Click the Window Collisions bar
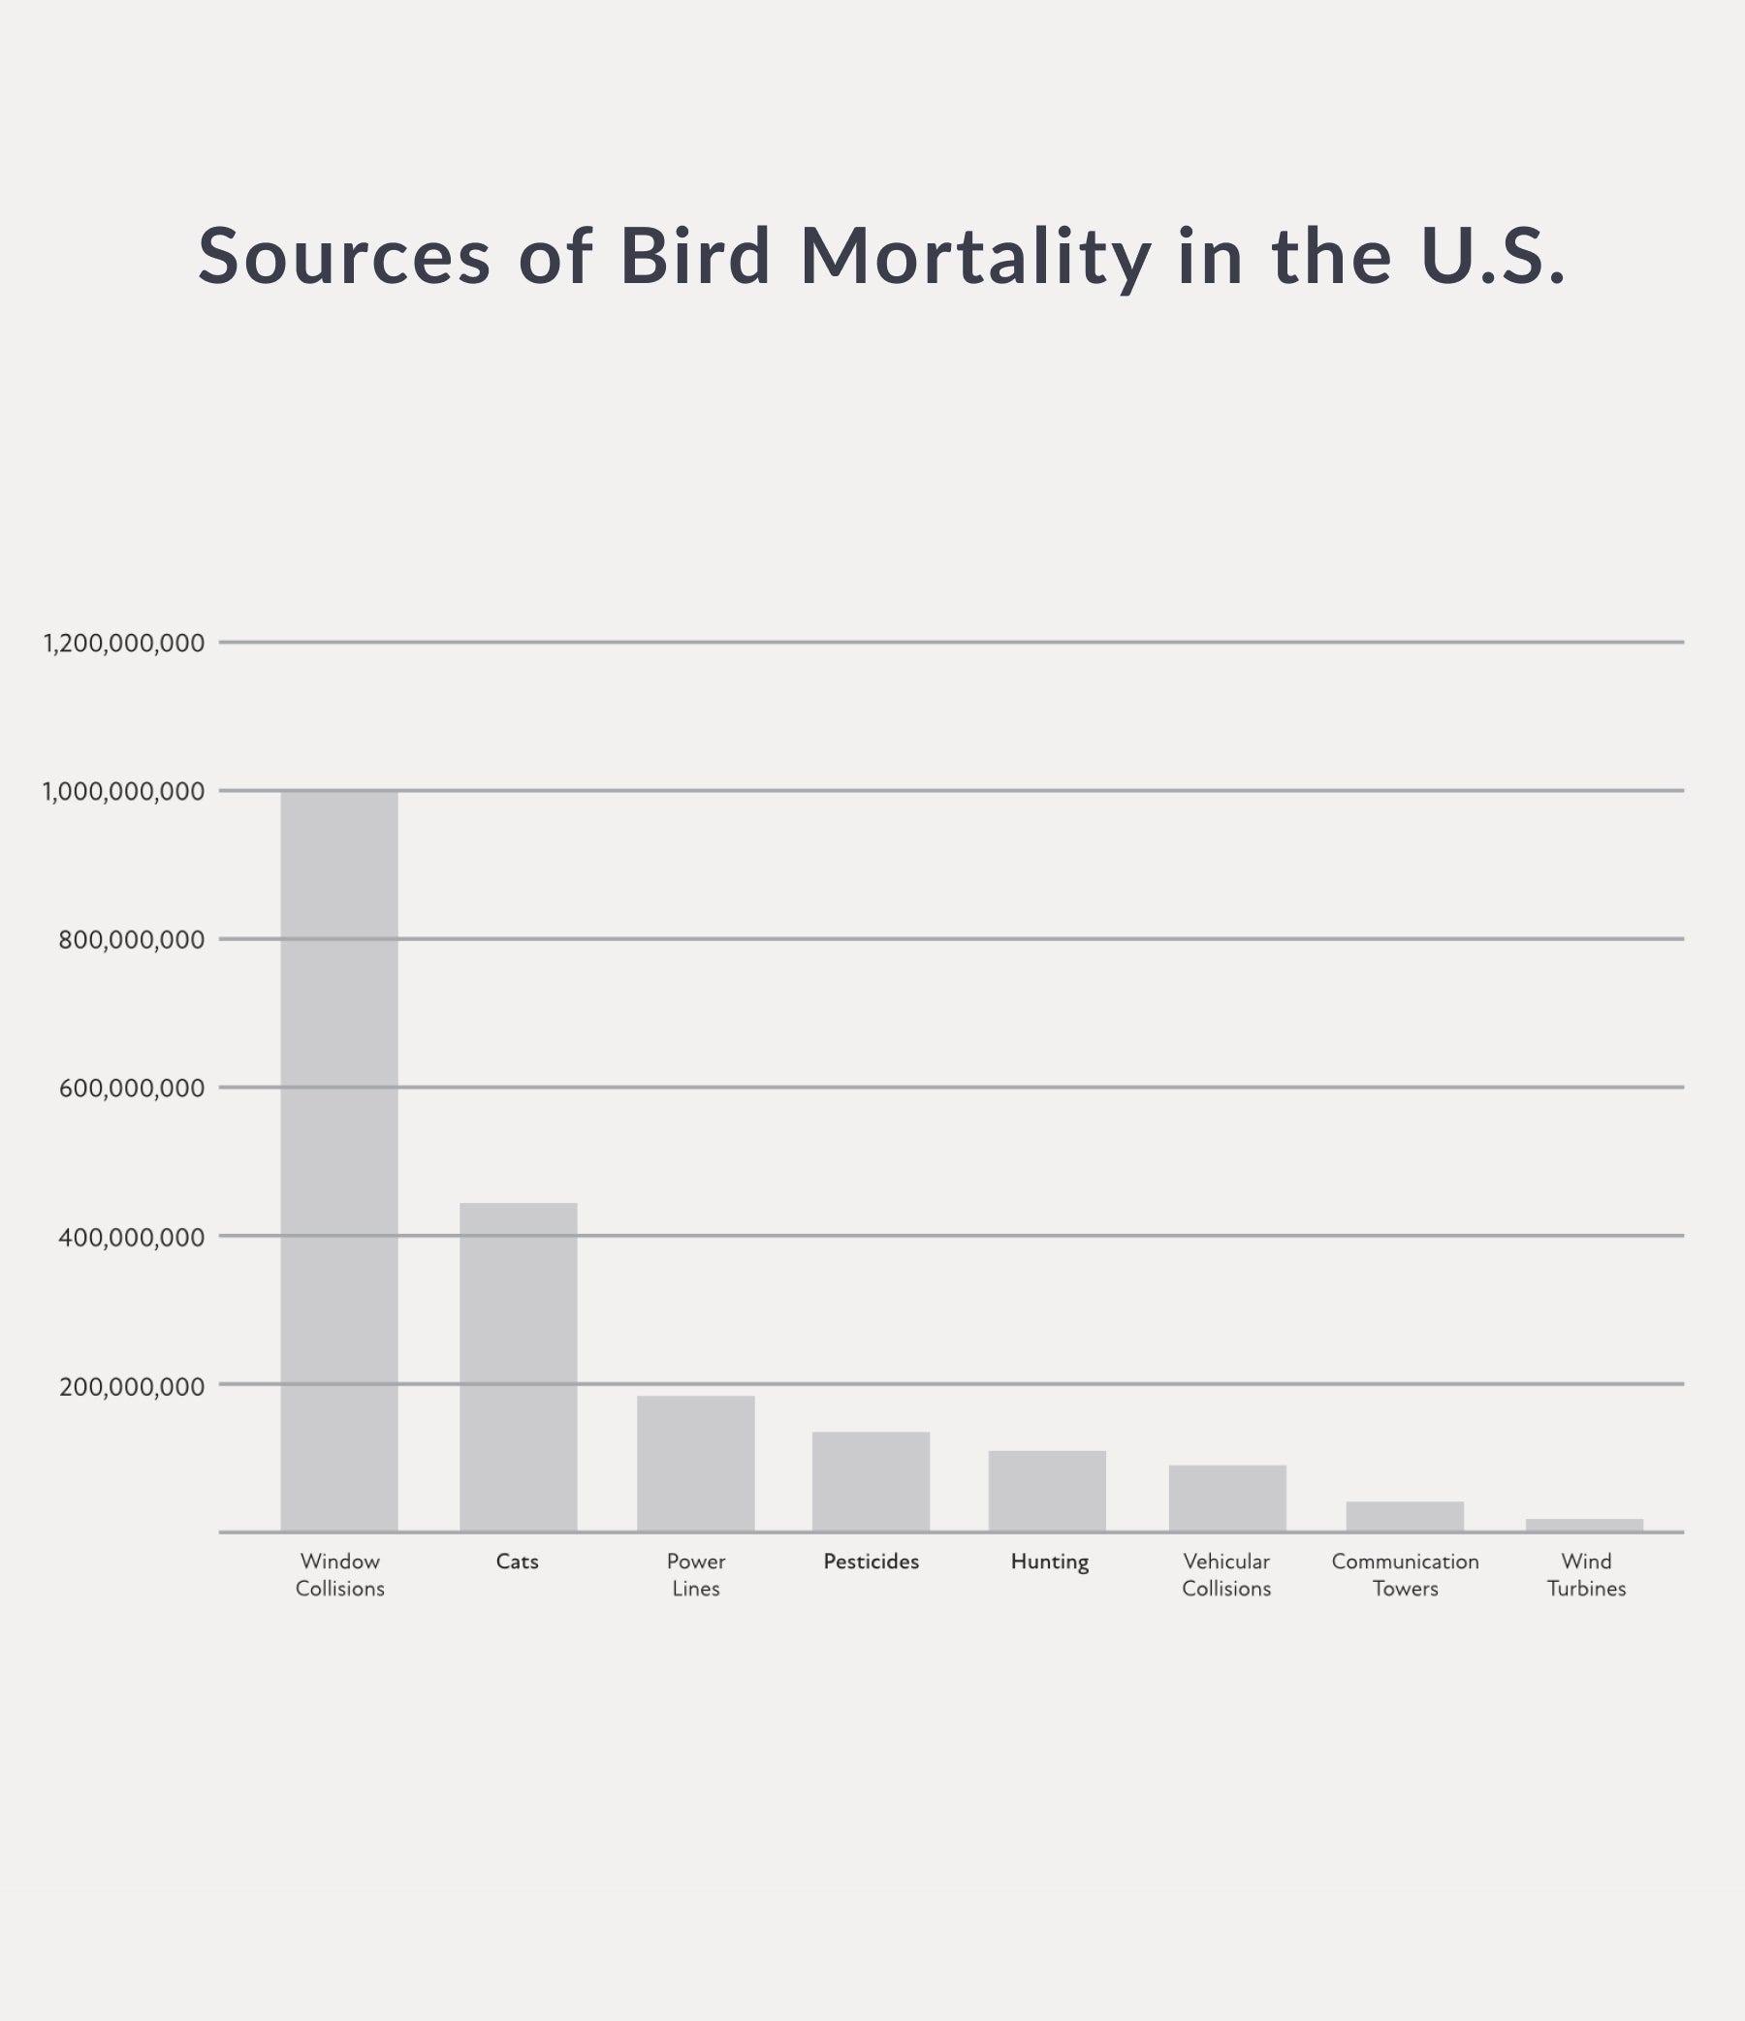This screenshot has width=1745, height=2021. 339,1160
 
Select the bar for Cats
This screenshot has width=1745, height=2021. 518,1367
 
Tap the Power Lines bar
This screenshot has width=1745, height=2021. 695,1463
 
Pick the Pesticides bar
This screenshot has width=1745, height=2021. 871,1482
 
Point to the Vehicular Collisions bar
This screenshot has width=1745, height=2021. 1227,1499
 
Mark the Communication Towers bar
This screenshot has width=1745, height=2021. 1405,1517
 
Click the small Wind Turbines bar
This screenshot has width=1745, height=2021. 1584,1526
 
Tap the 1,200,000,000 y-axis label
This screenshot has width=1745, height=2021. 124,644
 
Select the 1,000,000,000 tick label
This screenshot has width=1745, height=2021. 124,792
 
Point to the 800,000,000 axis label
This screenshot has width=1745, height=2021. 132,940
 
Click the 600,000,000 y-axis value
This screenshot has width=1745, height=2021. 132,1089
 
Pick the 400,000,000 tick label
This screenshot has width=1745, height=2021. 132,1238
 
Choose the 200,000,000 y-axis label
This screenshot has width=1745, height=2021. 132,1386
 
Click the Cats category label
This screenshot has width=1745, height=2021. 517,1562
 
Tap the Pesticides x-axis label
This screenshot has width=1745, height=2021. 871,1562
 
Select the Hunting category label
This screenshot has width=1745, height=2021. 1050,1562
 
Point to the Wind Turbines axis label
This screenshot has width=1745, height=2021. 1586,1574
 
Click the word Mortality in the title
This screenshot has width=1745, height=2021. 975,257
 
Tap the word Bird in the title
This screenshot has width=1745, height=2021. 695,257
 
